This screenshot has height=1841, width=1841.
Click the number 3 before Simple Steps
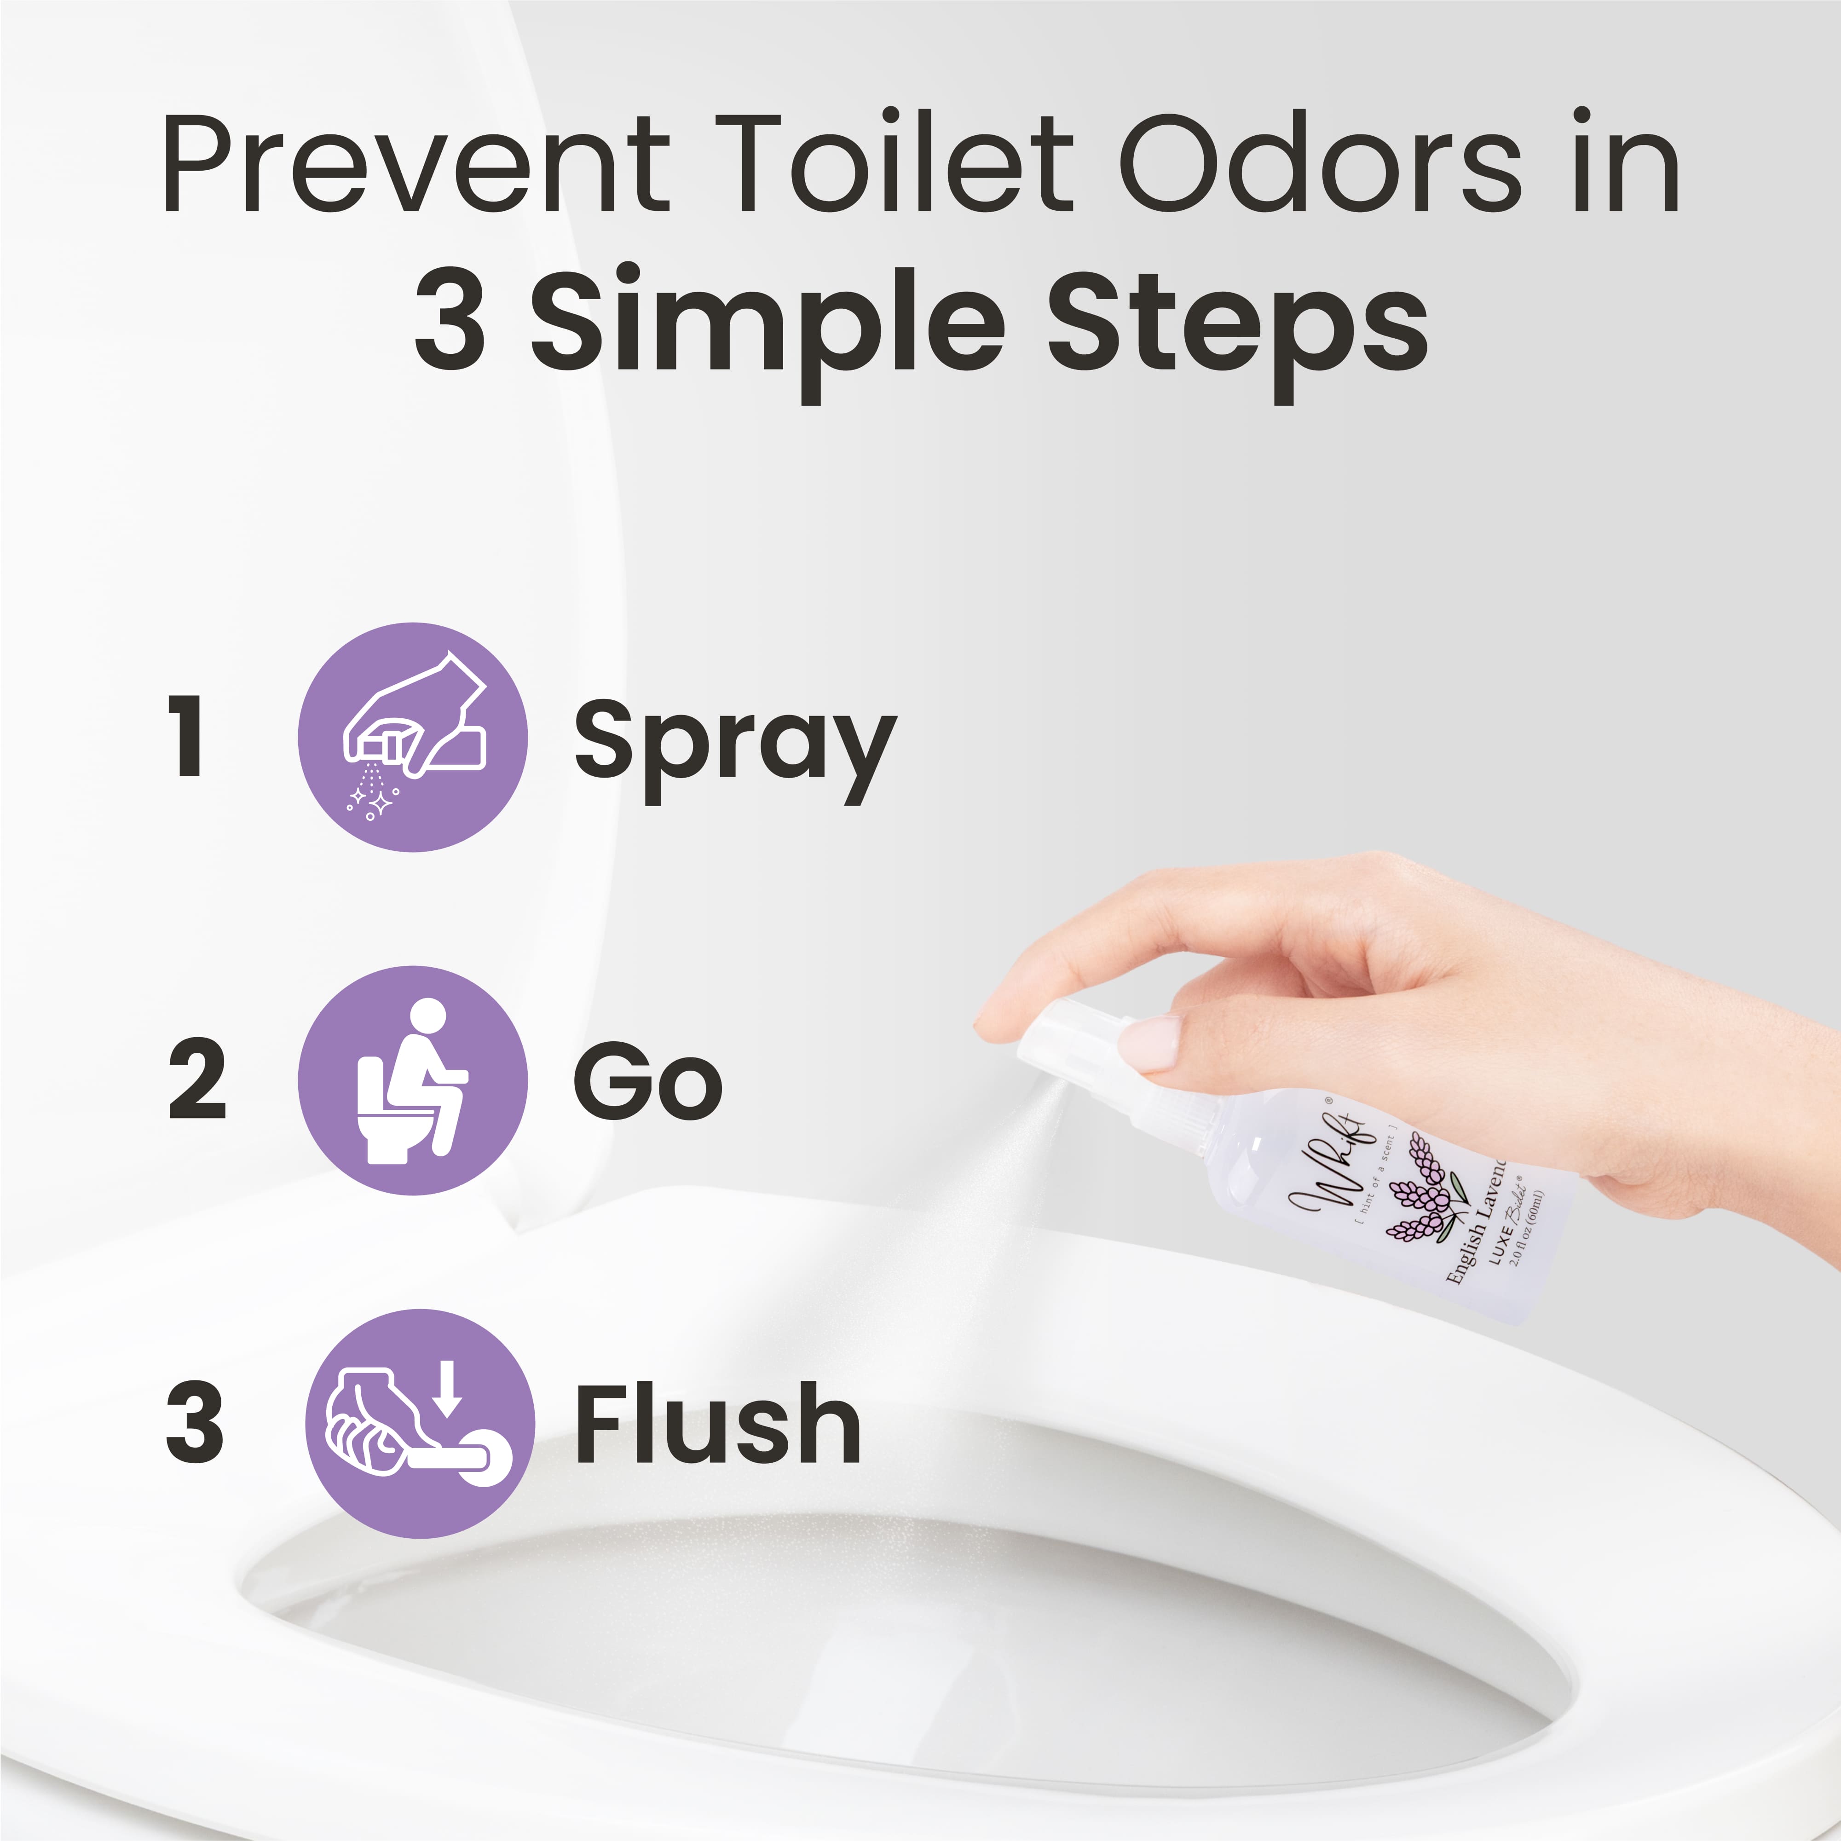450,319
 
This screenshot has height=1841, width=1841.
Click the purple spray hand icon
413,737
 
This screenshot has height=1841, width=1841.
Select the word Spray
734,743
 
